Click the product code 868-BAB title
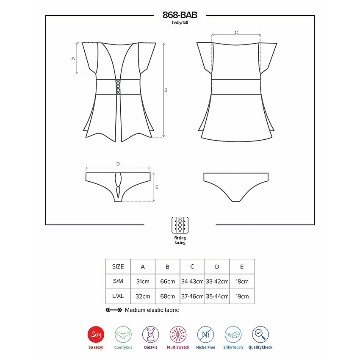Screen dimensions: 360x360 point(180,15)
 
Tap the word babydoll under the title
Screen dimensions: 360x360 point(180,23)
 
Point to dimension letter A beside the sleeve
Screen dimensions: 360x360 point(73,58)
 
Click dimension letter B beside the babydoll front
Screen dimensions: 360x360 point(166,90)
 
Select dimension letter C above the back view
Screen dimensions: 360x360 point(236,33)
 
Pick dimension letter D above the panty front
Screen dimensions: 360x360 point(118,164)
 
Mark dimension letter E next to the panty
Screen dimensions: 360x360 point(157,187)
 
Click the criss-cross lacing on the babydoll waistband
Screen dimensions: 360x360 point(118,87)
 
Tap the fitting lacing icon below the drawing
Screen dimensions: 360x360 point(180,225)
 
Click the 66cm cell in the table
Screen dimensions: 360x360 point(168,282)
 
